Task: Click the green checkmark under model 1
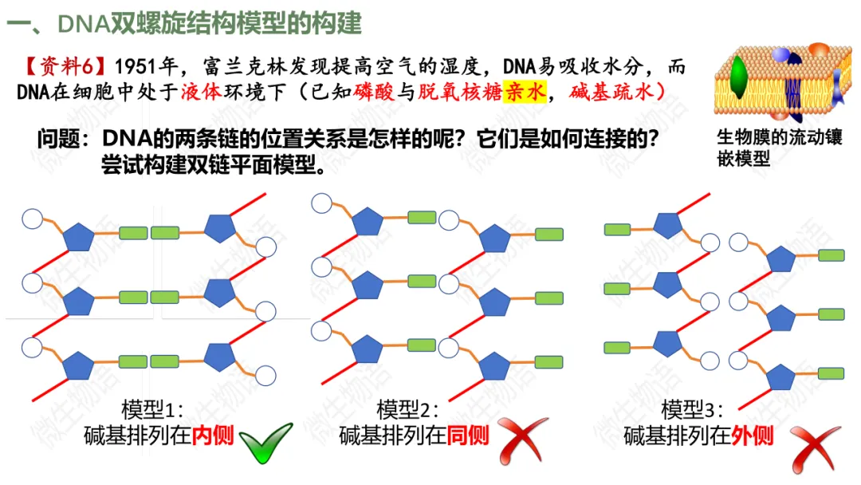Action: point(265,442)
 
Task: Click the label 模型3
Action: point(693,410)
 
